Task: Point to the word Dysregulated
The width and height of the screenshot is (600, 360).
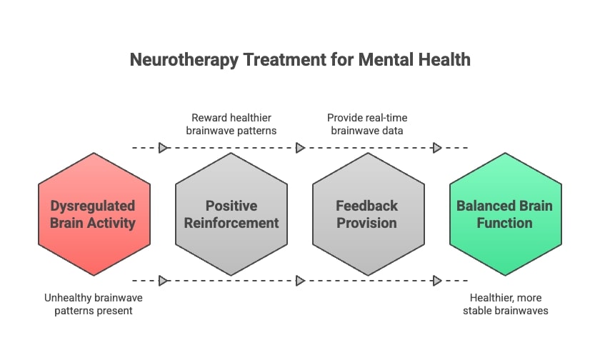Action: [94, 206]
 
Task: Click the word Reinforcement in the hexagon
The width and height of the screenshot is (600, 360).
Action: [231, 223]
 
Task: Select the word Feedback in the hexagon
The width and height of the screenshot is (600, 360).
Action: [368, 206]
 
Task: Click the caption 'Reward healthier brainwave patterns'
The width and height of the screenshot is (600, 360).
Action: [230, 124]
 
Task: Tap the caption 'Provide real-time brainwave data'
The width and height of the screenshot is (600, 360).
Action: [367, 124]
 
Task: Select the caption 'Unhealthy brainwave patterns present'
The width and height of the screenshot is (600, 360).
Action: [93, 304]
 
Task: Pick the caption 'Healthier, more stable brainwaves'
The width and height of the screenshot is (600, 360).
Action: [505, 304]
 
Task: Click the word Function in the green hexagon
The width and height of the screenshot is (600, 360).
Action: [505, 223]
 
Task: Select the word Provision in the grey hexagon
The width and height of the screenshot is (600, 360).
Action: [368, 223]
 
